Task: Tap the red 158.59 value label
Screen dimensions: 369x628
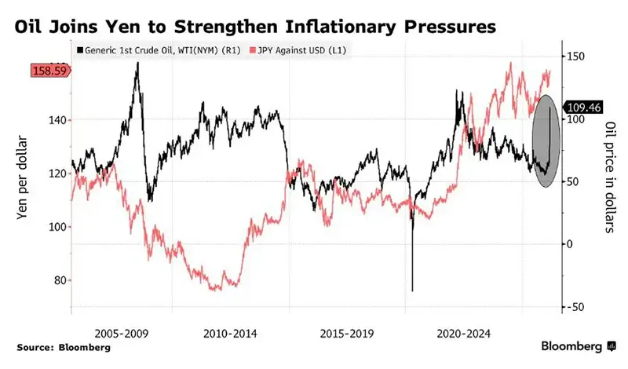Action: click(50, 71)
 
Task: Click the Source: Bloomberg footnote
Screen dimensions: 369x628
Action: click(53, 346)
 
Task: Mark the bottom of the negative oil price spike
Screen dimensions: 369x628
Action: click(412, 290)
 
